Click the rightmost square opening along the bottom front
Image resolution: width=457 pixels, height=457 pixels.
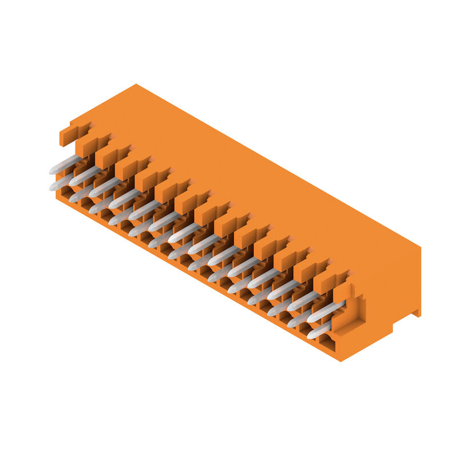point(327,343)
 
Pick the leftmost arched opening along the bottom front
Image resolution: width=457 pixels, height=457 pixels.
point(67,195)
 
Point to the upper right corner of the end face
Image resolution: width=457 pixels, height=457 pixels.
point(420,247)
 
